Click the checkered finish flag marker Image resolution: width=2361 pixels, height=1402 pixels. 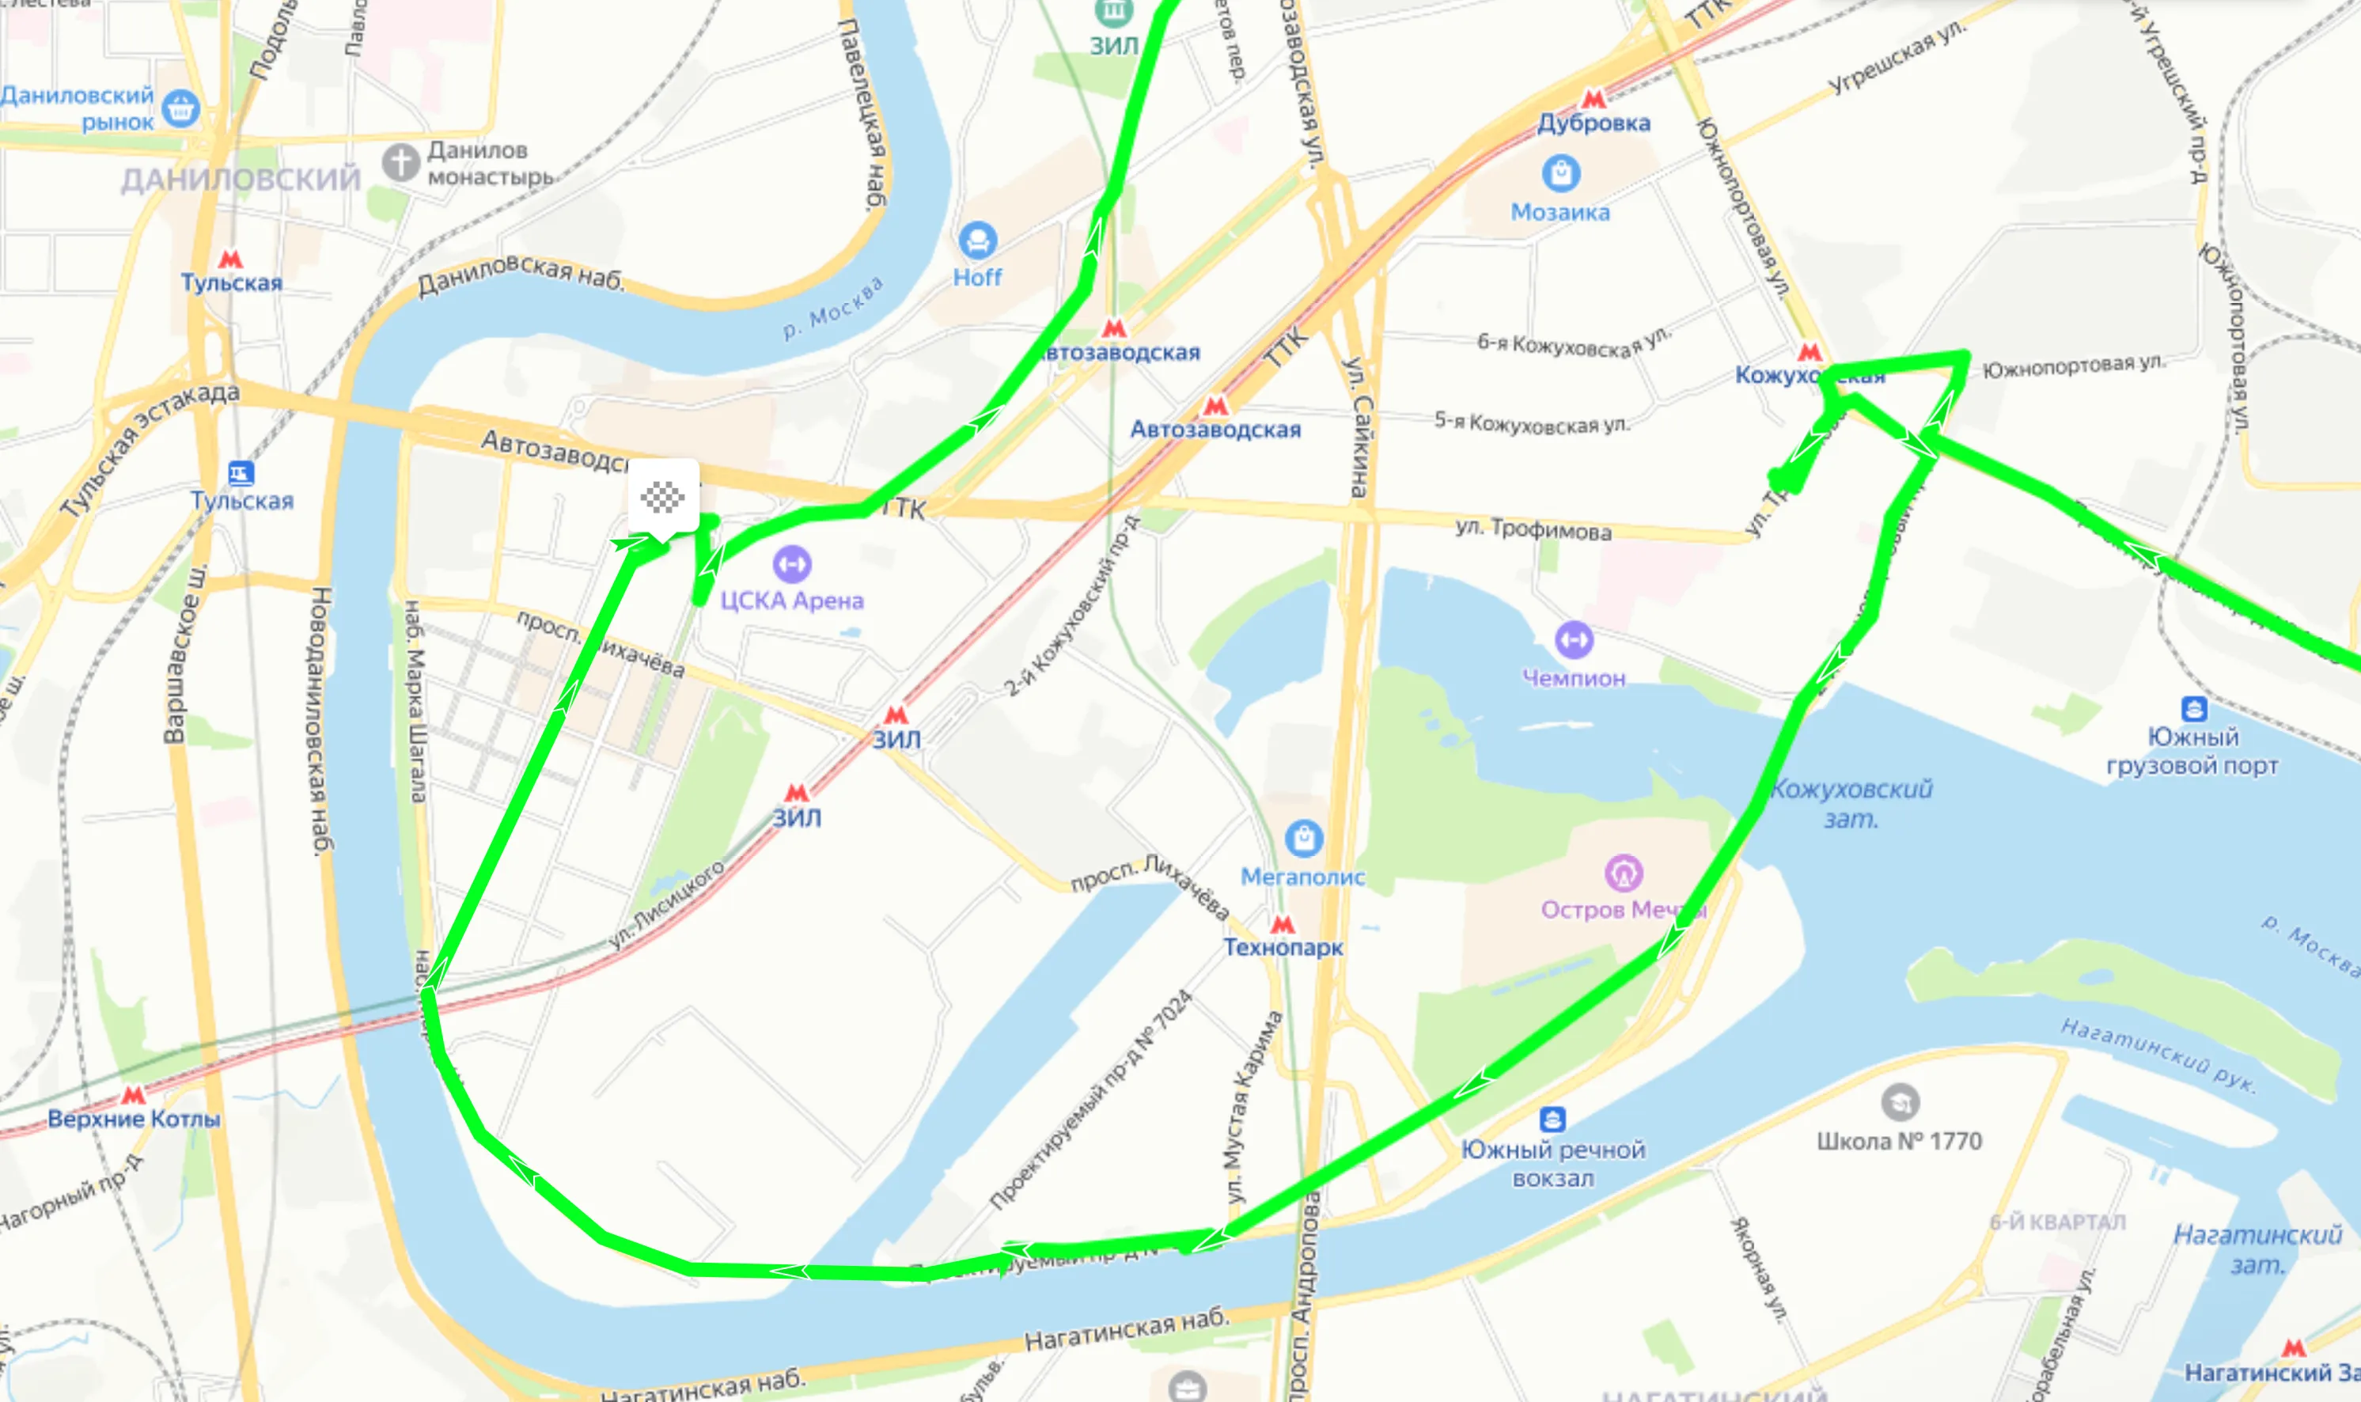point(663,496)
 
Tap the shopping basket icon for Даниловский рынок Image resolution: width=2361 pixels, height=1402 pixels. point(180,108)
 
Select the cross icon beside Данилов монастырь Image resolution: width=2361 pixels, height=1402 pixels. point(400,162)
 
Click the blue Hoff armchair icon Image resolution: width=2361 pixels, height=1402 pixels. point(977,241)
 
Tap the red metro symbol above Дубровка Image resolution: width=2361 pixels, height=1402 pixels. point(1594,98)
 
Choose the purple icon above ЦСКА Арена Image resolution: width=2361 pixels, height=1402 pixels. point(792,564)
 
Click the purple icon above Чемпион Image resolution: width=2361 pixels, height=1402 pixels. point(1574,639)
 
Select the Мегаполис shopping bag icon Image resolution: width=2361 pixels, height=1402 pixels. point(1304,838)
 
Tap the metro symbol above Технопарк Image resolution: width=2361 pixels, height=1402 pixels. point(1282,923)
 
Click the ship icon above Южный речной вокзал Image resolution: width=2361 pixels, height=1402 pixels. point(1552,1120)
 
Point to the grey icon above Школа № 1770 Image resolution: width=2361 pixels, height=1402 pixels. point(1898,1101)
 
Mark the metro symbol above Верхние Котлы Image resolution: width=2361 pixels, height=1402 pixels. point(133,1095)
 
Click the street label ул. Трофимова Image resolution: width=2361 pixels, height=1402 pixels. point(1533,529)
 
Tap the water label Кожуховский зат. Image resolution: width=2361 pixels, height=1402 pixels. point(1851,803)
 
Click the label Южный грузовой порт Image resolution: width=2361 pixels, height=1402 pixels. point(2192,751)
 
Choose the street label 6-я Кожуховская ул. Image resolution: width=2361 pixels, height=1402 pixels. point(1574,342)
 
